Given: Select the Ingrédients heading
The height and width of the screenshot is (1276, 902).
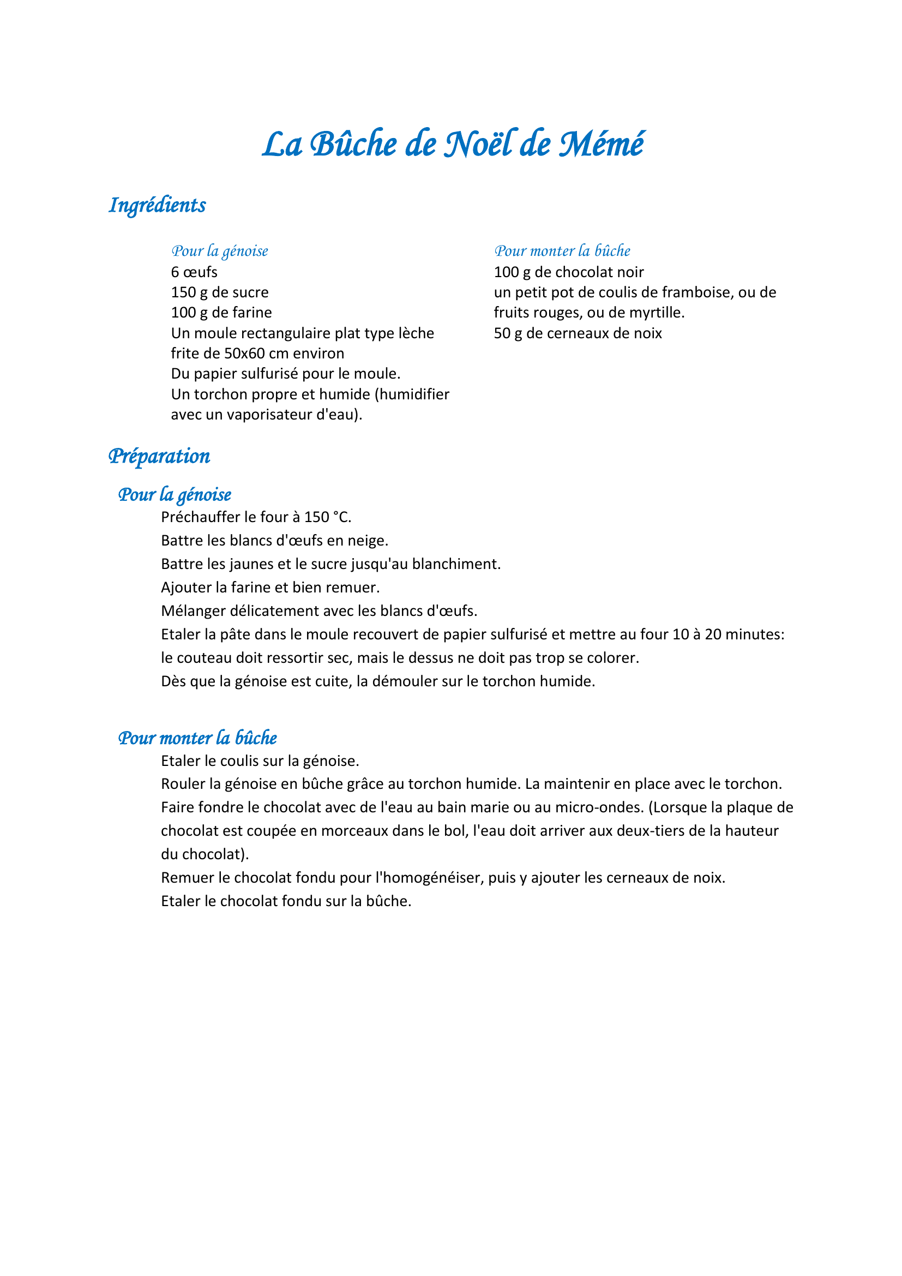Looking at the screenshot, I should click(157, 206).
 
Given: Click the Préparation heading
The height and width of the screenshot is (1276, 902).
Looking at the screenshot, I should click(159, 456).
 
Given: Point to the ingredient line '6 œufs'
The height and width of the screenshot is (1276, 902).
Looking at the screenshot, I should click(194, 272).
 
